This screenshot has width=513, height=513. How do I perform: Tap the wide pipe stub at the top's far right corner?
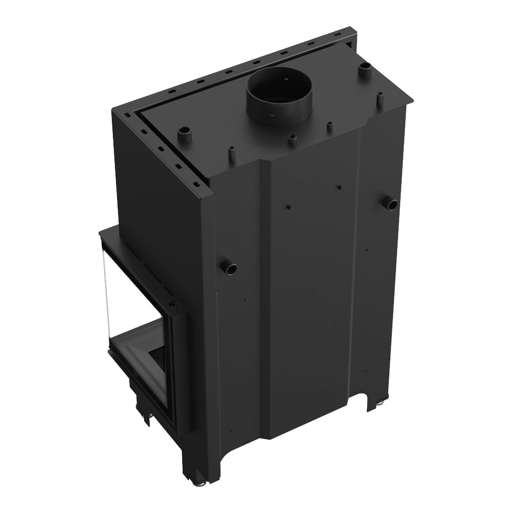click(x=365, y=70)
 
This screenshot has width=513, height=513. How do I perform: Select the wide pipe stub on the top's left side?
click(x=185, y=135)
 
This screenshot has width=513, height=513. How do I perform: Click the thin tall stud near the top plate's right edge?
click(x=380, y=99)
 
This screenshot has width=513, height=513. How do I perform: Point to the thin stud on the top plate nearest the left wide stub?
click(x=231, y=153)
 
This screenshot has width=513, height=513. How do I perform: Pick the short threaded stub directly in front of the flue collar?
click(x=292, y=139)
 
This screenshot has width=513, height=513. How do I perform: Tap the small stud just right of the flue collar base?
click(x=329, y=126)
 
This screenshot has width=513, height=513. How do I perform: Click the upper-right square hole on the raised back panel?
click(x=339, y=187)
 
